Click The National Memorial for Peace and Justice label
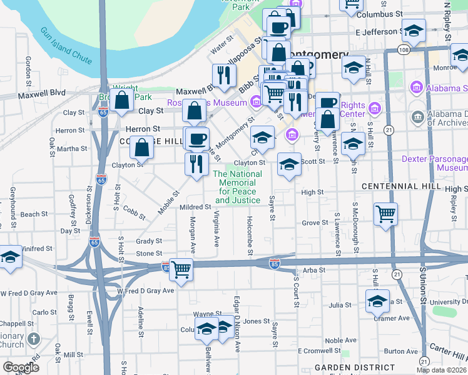[x=237, y=187]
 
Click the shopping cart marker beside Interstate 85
[x=181, y=269]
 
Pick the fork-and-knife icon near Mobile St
[x=197, y=164]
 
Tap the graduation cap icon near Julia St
[x=377, y=301]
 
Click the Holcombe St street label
[x=250, y=235]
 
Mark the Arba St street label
[x=310, y=270]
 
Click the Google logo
[x=21, y=367]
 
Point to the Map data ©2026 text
[x=441, y=370]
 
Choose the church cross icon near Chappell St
[x=34, y=339]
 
